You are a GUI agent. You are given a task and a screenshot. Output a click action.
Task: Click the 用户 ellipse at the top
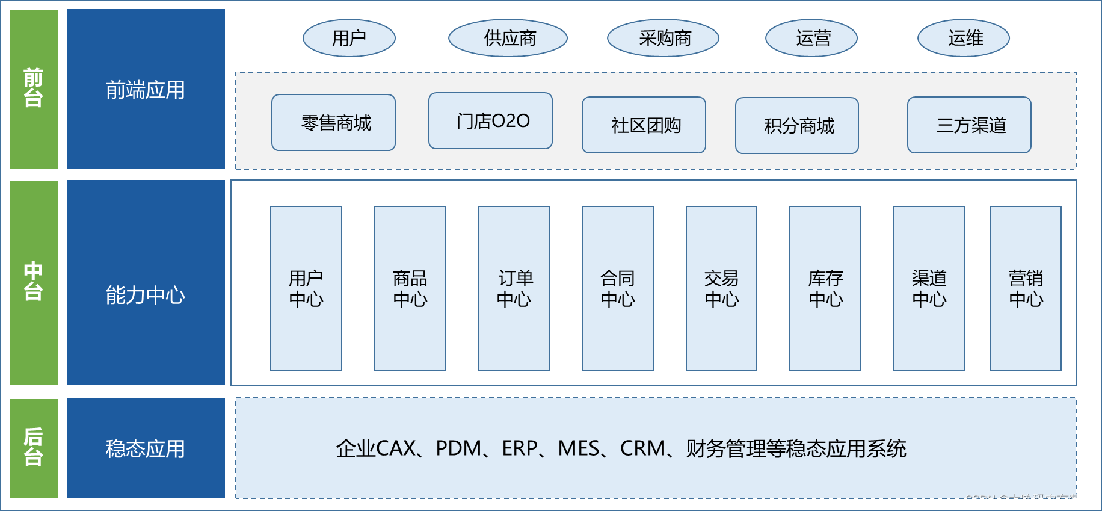click(x=349, y=39)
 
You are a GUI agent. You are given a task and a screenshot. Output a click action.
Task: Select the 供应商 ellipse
click(x=508, y=39)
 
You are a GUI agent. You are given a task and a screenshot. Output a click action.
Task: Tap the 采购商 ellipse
click(x=663, y=39)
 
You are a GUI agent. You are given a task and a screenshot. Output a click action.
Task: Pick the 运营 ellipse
click(x=811, y=39)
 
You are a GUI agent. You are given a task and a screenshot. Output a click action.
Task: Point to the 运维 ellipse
click(x=964, y=39)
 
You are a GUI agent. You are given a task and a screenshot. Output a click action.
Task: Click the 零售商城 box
click(x=333, y=123)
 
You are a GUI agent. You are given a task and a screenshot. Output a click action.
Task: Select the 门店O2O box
click(x=490, y=121)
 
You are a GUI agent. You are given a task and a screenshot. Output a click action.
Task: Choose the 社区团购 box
click(x=644, y=125)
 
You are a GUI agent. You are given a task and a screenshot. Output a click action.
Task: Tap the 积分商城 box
click(x=797, y=126)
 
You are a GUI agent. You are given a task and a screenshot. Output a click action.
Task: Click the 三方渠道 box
click(x=969, y=125)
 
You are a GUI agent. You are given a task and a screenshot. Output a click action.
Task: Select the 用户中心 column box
click(x=306, y=288)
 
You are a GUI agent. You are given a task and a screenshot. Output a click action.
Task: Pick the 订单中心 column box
click(x=514, y=288)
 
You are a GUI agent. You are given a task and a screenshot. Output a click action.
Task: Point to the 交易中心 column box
click(x=721, y=288)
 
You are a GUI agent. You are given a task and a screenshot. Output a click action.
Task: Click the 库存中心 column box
click(x=825, y=288)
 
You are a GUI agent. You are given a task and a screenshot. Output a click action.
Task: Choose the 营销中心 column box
click(x=1026, y=288)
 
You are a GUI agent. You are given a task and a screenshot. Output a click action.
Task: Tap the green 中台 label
click(x=34, y=282)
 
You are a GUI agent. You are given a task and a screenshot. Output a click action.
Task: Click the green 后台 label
click(x=34, y=448)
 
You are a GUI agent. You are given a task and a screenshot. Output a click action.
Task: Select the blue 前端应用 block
click(x=146, y=89)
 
